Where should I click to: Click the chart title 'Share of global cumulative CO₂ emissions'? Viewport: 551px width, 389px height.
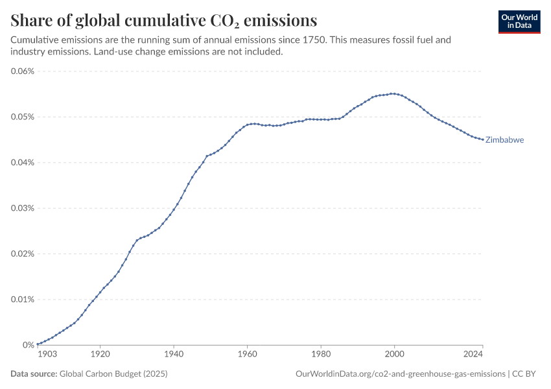[x=164, y=19]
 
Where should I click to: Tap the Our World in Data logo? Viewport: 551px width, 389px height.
[x=519, y=21]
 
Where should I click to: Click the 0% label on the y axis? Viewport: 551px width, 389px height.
[x=28, y=345]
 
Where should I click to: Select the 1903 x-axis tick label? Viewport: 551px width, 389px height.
[x=47, y=355]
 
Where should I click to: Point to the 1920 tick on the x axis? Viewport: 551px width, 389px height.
[x=100, y=355]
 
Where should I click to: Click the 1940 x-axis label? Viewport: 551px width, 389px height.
[x=173, y=355]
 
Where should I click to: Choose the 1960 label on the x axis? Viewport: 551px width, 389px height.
[x=247, y=355]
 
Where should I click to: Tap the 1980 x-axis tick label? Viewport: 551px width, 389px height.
[x=320, y=355]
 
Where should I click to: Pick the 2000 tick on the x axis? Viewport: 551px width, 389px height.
[x=394, y=355]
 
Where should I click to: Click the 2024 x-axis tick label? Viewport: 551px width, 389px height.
[x=473, y=355]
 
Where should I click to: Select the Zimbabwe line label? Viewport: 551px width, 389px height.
[x=504, y=139]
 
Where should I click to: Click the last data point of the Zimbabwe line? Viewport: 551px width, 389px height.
[x=482, y=139]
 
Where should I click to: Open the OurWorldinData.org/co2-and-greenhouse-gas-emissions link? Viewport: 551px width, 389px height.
[x=400, y=374]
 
